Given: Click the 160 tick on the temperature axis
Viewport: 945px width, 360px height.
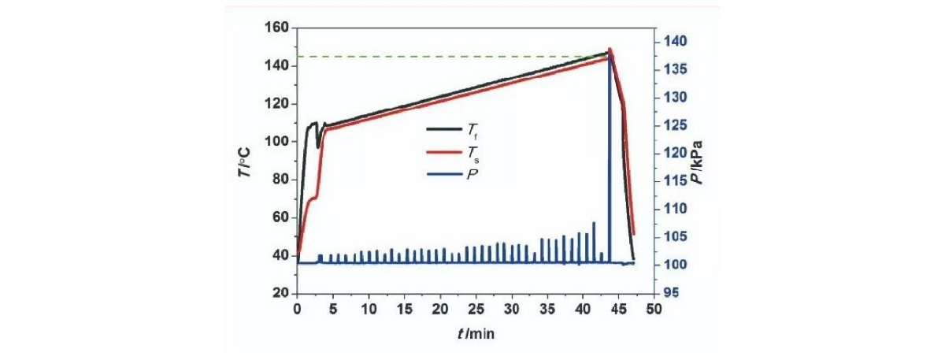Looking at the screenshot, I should tap(278, 28).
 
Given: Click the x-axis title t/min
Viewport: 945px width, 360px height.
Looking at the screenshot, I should tap(474, 332).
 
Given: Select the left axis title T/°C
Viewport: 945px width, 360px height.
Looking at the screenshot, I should tap(246, 160).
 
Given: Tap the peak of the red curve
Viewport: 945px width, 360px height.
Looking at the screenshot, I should tap(610, 49).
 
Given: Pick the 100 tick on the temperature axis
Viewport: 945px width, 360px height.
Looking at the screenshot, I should tap(278, 142).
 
